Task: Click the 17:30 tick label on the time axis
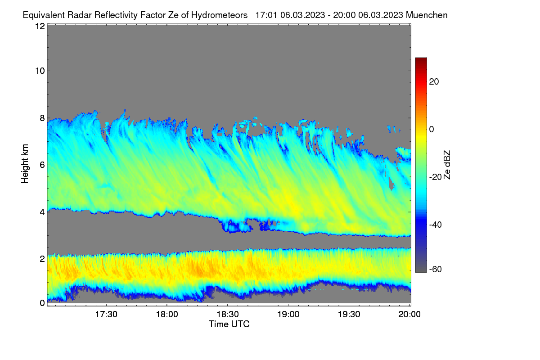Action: coord(106,315)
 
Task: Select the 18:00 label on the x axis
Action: coord(167,315)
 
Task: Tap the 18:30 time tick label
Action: coord(228,315)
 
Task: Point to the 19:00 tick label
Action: coord(288,315)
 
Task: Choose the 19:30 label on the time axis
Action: coord(349,315)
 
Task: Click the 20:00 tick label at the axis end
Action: coord(409,315)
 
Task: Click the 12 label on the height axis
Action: coord(40,26)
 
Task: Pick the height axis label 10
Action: coord(40,71)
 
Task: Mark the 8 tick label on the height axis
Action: coord(42,118)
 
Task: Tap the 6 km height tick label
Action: coord(42,165)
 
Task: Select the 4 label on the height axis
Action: coord(42,212)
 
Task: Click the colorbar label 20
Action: coord(434,82)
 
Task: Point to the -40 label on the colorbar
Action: coord(436,225)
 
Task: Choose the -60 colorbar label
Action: coord(436,270)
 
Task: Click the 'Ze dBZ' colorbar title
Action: coord(447,165)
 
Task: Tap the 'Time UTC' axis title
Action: coord(229,324)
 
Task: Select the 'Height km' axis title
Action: coord(25,164)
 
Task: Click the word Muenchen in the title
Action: coord(427,15)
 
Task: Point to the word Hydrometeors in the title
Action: coord(219,15)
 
